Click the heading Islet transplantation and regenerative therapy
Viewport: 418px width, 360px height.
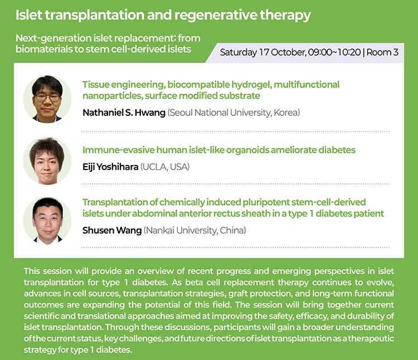click(x=163, y=15)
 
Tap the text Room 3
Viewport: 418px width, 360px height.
click(x=382, y=52)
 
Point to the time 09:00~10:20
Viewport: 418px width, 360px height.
click(x=334, y=52)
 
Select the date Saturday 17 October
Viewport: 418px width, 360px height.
click(x=263, y=52)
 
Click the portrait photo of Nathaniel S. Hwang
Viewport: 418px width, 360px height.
click(x=47, y=99)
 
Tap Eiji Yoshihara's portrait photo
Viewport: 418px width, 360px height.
click(x=47, y=160)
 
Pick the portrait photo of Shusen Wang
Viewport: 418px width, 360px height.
click(x=47, y=221)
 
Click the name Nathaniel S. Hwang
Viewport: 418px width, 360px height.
click(x=124, y=113)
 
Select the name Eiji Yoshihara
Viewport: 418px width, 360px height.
click(x=110, y=167)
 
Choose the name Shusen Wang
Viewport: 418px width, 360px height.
click(x=112, y=230)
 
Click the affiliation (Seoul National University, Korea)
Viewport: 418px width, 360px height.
click(x=234, y=113)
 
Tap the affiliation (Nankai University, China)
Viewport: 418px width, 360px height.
click(x=195, y=230)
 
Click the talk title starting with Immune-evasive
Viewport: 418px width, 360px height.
click(x=219, y=150)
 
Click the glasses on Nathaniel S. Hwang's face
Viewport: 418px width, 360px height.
click(x=48, y=98)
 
